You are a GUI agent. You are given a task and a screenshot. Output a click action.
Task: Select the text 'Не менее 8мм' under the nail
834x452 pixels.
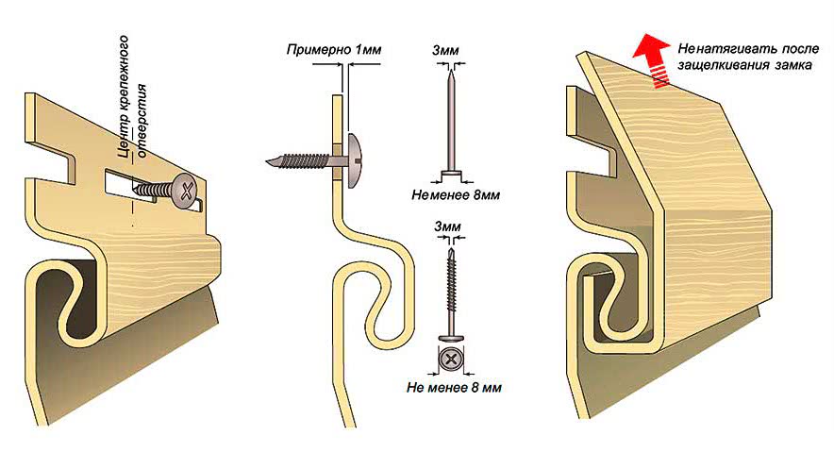pos(456,195)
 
